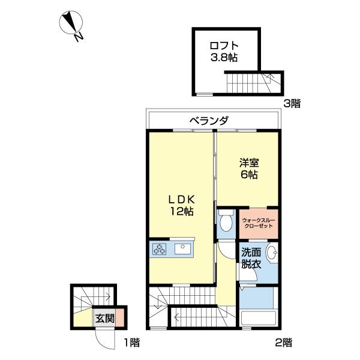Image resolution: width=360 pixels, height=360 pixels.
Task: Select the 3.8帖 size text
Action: click(x=224, y=58)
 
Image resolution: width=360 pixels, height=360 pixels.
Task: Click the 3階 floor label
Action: click(x=292, y=103)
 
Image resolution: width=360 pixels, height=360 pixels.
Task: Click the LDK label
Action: click(x=180, y=199)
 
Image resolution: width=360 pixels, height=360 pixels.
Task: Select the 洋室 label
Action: click(x=249, y=162)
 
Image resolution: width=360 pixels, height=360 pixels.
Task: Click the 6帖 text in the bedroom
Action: click(x=249, y=175)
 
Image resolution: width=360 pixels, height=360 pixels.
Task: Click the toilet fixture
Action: click(x=226, y=223)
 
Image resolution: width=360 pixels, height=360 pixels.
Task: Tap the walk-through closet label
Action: click(x=259, y=224)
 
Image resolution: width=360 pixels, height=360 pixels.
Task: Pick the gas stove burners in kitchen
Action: click(x=160, y=248)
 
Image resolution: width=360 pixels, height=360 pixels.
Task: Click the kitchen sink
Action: click(x=182, y=248)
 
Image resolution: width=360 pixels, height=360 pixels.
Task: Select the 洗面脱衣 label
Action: click(x=251, y=257)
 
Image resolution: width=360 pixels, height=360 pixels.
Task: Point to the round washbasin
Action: click(x=271, y=253)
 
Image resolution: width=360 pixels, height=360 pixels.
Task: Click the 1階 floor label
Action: click(x=131, y=343)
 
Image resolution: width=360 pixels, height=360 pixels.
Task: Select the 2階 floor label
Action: click(x=284, y=343)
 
